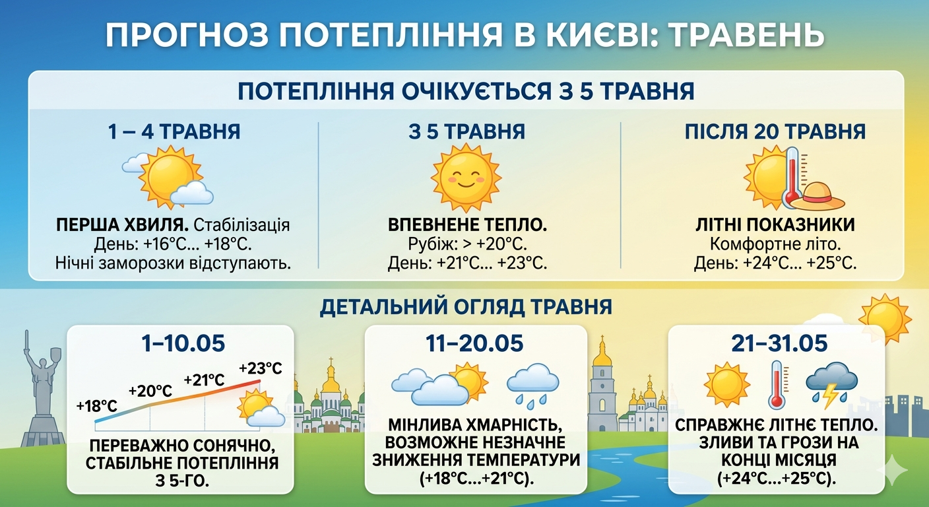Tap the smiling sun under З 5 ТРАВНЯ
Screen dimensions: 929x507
click(x=466, y=178)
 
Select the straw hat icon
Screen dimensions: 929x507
click(x=818, y=198)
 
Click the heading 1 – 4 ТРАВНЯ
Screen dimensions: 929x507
click(x=174, y=131)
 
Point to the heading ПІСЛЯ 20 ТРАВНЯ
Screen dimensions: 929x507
click(x=775, y=131)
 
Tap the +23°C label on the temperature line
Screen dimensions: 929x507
click(x=261, y=368)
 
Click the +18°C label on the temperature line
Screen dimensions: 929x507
click(x=96, y=405)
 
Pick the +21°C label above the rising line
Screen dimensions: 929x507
click(x=204, y=380)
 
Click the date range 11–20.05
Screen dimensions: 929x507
click(x=474, y=343)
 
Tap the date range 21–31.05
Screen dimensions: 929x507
click(x=779, y=343)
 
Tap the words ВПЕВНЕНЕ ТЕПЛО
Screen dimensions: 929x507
click(x=467, y=225)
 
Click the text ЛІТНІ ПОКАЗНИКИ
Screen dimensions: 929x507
click(x=775, y=225)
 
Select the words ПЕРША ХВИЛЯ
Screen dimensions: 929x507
click(x=122, y=225)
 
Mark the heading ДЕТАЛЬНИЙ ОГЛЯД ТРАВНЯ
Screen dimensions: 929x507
click(x=466, y=307)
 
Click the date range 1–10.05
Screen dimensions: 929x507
click(x=183, y=343)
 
